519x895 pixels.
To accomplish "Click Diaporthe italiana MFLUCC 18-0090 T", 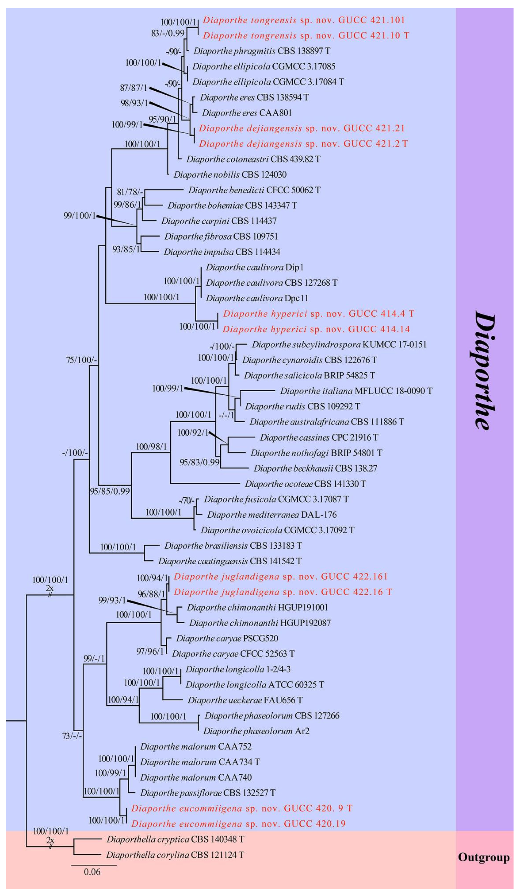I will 356,391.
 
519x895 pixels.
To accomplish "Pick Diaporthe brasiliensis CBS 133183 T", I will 233,546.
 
